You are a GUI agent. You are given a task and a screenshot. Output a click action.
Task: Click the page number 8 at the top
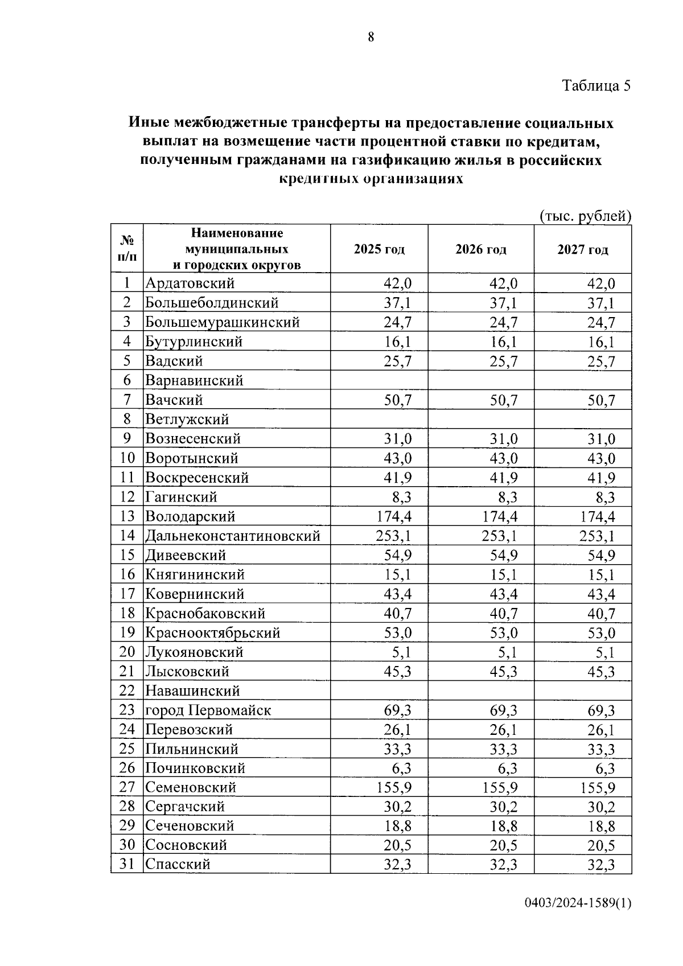(x=371, y=38)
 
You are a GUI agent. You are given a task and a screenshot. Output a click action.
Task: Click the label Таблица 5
(x=596, y=86)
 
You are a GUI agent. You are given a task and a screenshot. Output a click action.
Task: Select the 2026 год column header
(x=480, y=249)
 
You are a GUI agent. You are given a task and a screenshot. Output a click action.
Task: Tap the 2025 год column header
(x=379, y=249)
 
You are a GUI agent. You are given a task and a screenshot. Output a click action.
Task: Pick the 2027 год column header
(x=582, y=249)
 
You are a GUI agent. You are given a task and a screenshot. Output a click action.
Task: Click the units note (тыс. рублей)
(x=585, y=216)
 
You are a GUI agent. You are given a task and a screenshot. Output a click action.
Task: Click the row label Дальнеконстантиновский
(x=232, y=536)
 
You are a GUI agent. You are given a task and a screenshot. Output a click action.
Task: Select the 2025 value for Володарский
(x=394, y=516)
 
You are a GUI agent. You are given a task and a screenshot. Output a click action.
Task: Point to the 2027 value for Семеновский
(x=597, y=788)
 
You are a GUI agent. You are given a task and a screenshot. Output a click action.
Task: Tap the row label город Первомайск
(x=208, y=710)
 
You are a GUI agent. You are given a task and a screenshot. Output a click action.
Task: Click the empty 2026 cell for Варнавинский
(x=480, y=380)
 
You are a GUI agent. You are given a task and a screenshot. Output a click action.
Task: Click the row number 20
(x=127, y=652)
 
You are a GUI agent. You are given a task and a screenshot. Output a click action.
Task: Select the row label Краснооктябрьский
(x=212, y=633)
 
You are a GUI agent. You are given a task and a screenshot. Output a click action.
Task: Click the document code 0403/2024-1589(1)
(x=578, y=903)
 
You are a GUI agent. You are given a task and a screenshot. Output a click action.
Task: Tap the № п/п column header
(x=127, y=248)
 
